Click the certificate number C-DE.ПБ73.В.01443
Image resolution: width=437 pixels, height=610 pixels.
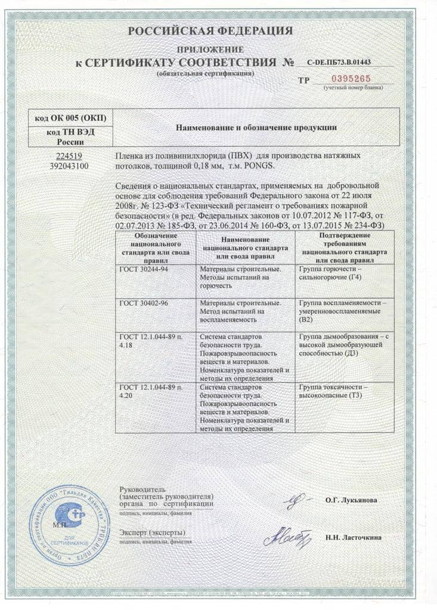coord(338,62)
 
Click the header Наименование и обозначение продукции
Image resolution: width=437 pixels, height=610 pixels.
coord(255,127)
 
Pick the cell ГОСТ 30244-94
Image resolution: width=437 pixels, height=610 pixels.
coord(144,269)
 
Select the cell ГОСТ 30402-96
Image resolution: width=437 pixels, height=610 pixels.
coord(144,303)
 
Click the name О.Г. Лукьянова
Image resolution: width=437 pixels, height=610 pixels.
coord(351,500)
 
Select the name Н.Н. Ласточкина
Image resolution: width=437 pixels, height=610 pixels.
coord(354,537)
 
